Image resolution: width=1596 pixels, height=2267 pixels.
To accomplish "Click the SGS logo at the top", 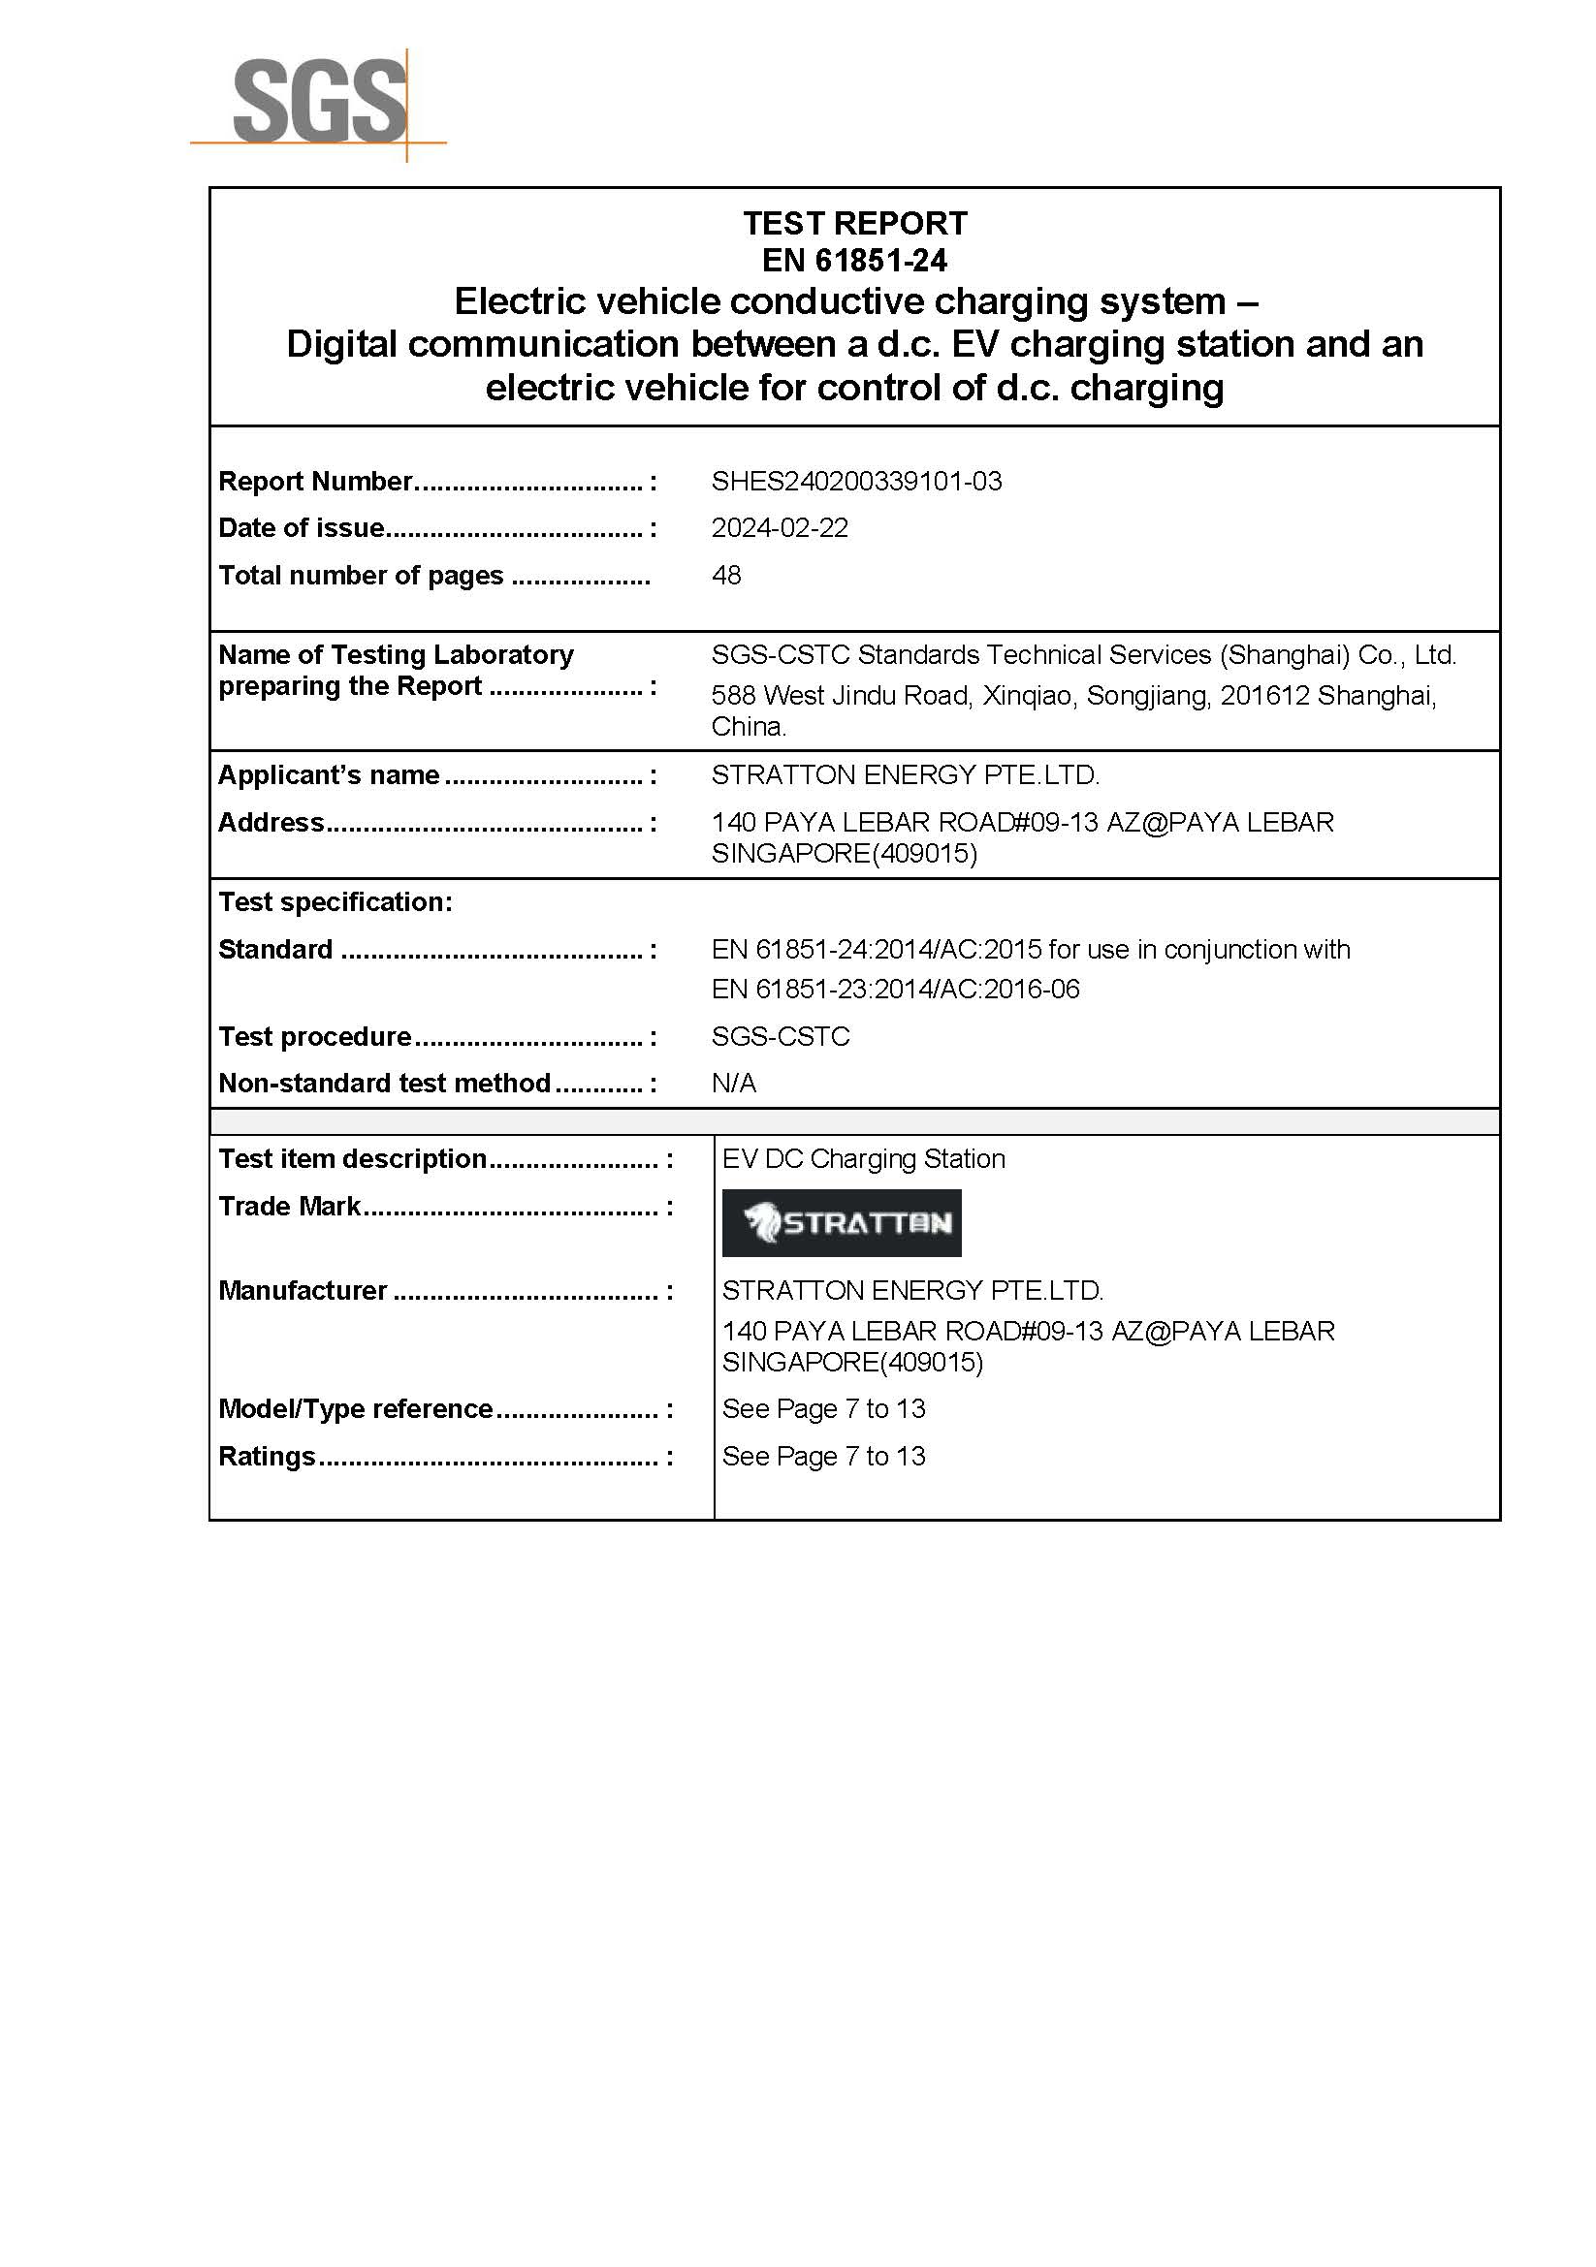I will click(x=318, y=102).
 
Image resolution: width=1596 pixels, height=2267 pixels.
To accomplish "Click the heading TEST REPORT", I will click(x=854, y=224).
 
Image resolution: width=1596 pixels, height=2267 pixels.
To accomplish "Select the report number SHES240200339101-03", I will click(x=856, y=482).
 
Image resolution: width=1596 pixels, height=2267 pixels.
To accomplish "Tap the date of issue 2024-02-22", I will click(x=780, y=528).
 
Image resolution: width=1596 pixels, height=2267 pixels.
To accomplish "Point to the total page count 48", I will click(x=726, y=576).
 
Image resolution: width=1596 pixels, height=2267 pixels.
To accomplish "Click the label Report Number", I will click(x=315, y=482).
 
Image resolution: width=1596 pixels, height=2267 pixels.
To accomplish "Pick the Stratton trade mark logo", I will click(x=842, y=1223).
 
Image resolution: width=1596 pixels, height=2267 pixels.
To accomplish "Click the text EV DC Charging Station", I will click(x=863, y=1159).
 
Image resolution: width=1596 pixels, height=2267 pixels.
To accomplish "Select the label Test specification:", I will click(x=335, y=902).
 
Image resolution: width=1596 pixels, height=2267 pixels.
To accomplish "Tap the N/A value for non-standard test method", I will click(x=734, y=1085).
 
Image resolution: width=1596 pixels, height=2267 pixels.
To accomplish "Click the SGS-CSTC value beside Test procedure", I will click(x=781, y=1037).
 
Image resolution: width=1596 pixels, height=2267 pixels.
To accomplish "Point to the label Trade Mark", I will click(x=289, y=1207).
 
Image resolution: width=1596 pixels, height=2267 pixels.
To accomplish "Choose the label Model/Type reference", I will click(x=356, y=1409).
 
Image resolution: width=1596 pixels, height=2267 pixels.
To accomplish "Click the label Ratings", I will click(x=267, y=1457).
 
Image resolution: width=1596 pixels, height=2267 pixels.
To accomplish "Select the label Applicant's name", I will click(x=329, y=775).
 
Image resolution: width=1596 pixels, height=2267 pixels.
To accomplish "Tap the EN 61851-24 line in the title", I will click(x=854, y=261).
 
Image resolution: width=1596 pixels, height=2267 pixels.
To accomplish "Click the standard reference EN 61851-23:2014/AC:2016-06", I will click(x=896, y=990).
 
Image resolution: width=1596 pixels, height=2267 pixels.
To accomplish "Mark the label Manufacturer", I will click(x=303, y=1290).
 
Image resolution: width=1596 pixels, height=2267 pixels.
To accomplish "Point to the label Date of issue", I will click(x=302, y=528).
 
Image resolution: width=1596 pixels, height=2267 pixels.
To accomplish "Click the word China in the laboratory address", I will click(x=748, y=728).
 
